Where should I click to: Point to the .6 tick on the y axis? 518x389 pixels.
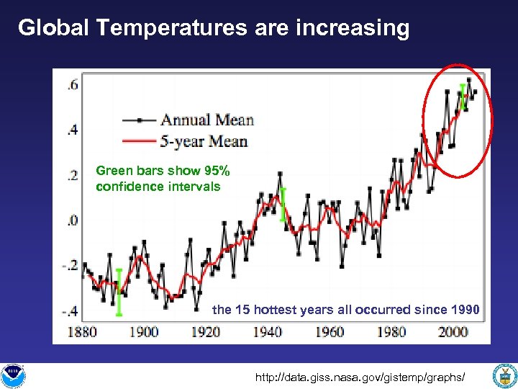point(73,85)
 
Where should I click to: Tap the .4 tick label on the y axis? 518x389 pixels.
point(73,130)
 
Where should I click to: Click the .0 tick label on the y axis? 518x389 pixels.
point(73,220)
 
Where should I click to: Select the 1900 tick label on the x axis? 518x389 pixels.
point(143,332)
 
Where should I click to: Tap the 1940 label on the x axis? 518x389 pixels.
point(268,332)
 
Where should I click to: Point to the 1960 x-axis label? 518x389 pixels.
point(330,332)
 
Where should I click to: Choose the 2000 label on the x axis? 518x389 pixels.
point(453,332)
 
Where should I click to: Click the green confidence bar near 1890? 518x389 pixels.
point(119,292)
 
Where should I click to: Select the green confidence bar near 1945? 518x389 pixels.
point(283,205)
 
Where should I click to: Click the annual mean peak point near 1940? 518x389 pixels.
point(280,174)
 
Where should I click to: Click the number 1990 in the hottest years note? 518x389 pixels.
point(465,310)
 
